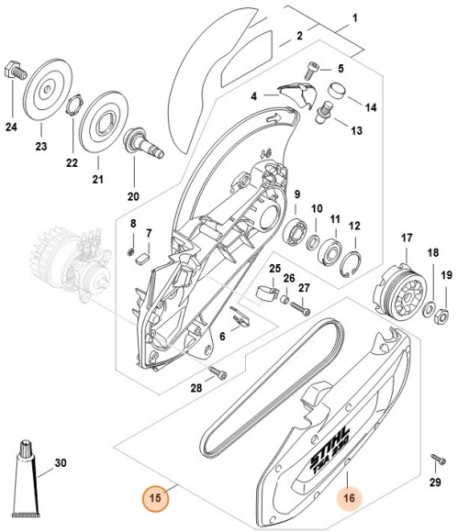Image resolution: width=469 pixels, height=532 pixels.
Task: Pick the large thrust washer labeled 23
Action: point(42,92)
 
